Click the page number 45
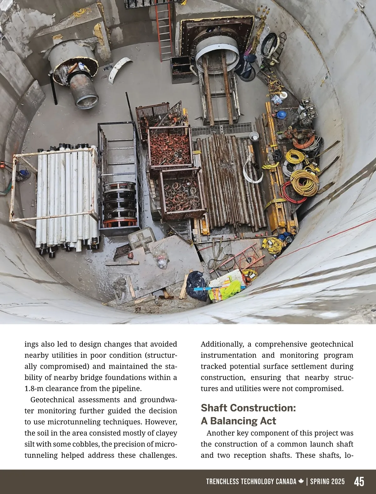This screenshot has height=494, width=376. (359, 481)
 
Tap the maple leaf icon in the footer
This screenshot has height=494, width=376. (301, 481)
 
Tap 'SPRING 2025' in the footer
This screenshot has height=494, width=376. (327, 481)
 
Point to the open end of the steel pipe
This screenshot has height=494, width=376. (86, 100)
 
